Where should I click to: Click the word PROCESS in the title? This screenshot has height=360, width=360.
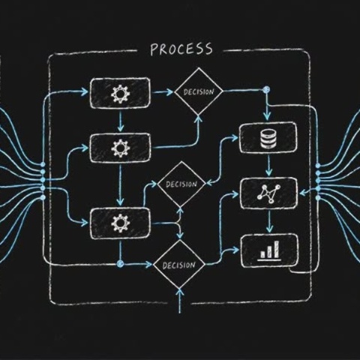pos(181,49)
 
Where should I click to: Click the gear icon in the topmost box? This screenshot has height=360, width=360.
pos(120,94)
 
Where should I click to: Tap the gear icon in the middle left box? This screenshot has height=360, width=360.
pos(121,148)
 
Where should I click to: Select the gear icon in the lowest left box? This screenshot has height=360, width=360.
pos(121,223)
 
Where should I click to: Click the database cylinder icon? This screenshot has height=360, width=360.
pos(268,138)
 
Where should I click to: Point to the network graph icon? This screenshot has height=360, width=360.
pos(268,193)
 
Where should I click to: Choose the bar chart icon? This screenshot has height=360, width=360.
pos(269,250)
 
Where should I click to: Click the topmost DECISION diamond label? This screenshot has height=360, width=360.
pos(199,91)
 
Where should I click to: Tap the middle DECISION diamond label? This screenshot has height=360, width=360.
pos(181,184)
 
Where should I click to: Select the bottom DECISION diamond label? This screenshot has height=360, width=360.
pos(178,265)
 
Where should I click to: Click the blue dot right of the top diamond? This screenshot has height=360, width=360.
pos(267,89)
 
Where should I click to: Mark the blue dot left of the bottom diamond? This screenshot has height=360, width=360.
pos(120,263)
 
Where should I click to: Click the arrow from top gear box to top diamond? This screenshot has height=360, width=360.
pos(163,92)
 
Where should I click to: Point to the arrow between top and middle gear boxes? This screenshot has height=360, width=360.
pos(121,121)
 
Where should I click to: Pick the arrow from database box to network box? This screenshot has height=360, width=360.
pos(268,165)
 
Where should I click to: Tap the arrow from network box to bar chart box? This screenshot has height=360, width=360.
pos(269,221)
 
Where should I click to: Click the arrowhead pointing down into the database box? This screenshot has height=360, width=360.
pos(267,115)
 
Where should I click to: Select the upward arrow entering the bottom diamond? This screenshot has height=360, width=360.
pos(180,301)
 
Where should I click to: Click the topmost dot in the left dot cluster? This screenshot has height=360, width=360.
pos(43,164)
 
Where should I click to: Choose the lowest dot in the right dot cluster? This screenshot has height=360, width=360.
pos(318,198)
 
